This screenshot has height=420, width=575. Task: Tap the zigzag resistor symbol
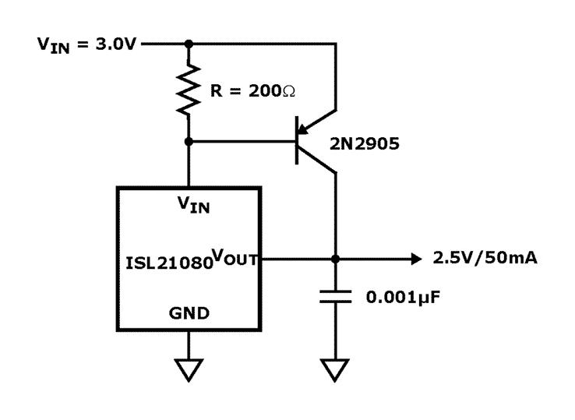click(x=188, y=90)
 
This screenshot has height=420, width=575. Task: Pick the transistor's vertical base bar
click(x=298, y=142)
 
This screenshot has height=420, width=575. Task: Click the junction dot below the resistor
click(x=188, y=142)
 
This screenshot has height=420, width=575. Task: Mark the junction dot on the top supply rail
click(x=188, y=44)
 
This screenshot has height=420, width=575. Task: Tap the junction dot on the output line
click(x=335, y=258)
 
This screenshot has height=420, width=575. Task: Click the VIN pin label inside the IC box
click(x=192, y=205)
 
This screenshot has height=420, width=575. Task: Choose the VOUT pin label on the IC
click(x=236, y=257)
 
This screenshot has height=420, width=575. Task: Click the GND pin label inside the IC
click(x=189, y=313)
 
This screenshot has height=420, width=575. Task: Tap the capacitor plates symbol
click(x=335, y=298)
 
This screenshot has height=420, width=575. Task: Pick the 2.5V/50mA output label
click(x=485, y=258)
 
